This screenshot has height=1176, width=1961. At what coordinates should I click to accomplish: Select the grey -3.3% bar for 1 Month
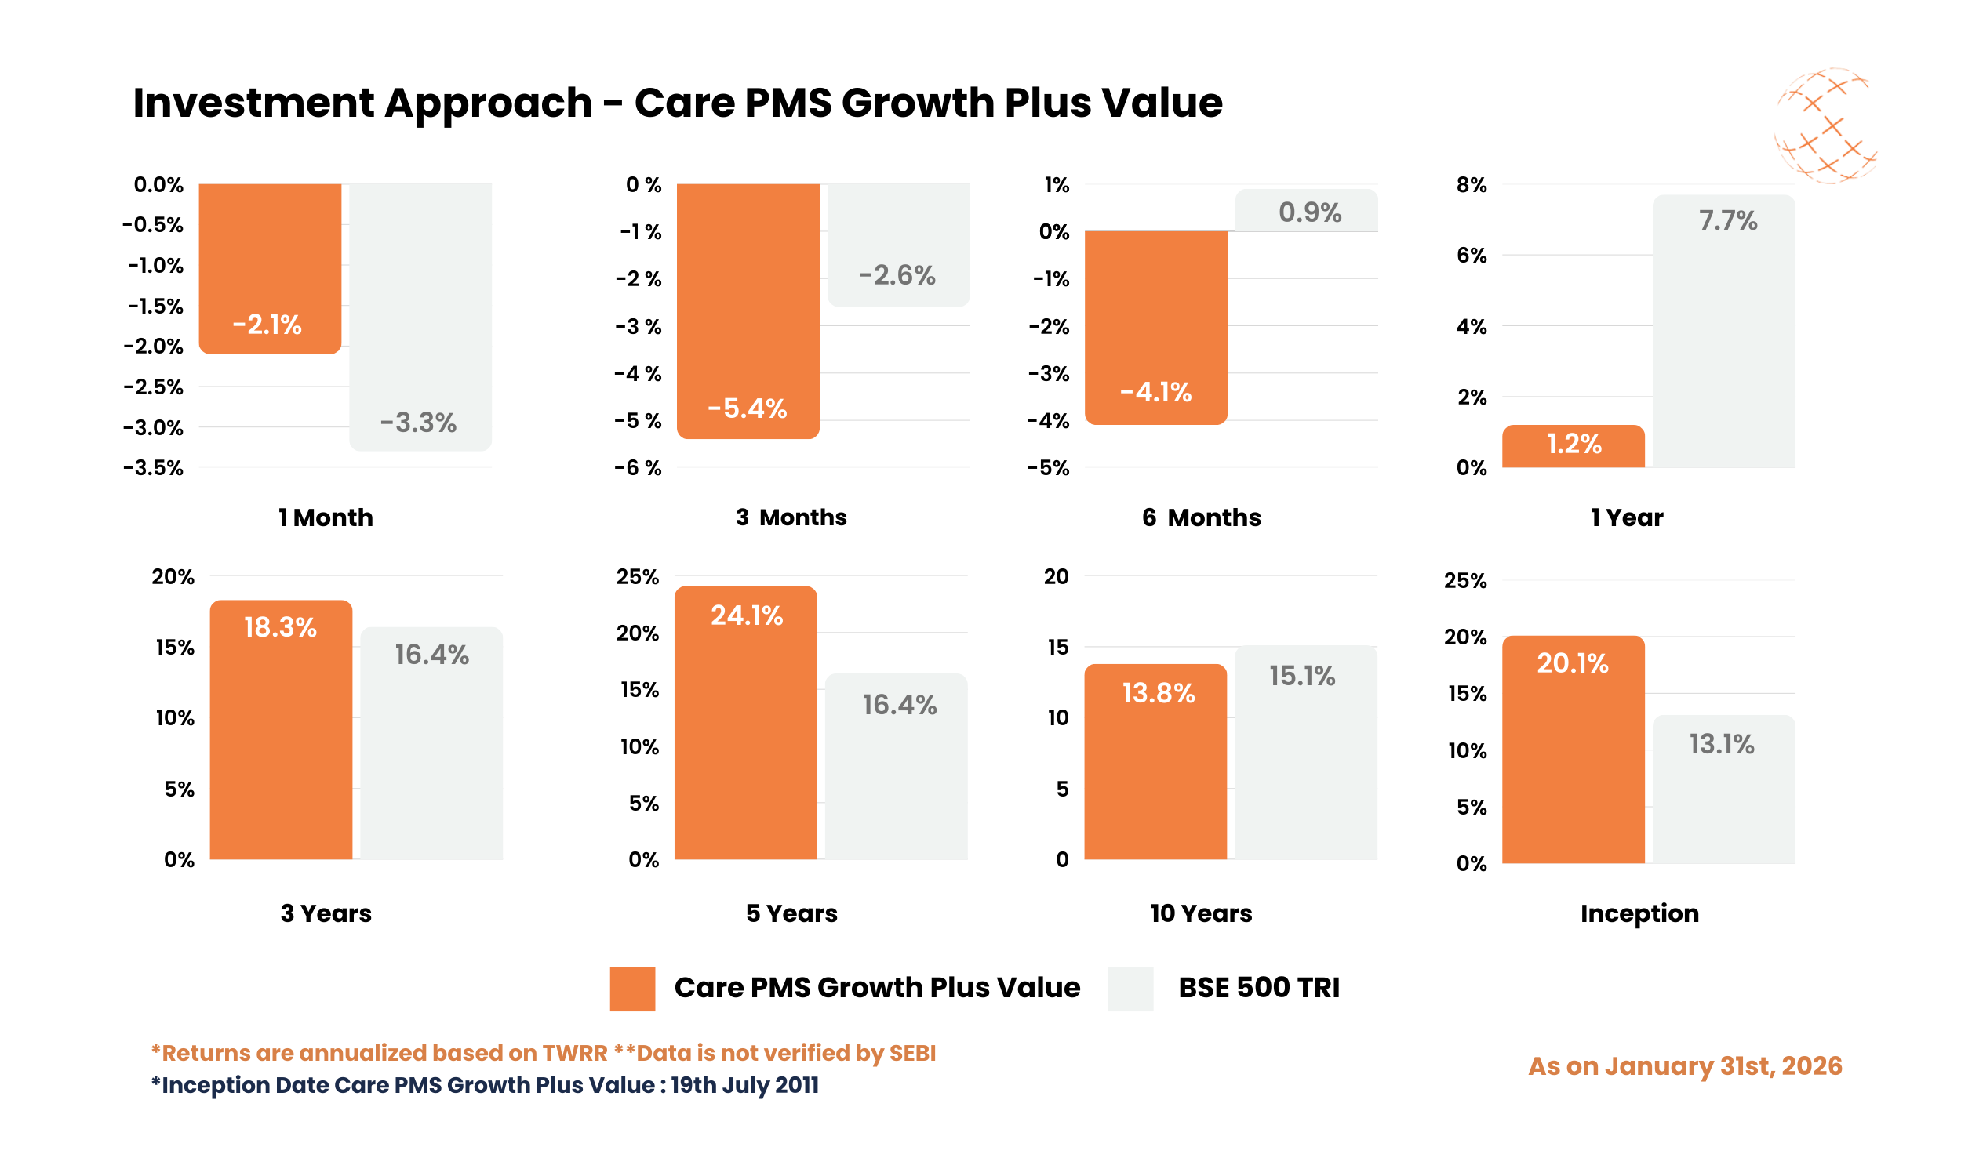(420, 317)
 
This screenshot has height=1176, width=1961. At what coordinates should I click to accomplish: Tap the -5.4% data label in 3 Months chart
(747, 409)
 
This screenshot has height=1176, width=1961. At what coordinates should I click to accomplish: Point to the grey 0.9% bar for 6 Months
(1306, 211)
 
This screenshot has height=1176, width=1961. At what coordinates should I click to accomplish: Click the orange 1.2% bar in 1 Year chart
(1573, 446)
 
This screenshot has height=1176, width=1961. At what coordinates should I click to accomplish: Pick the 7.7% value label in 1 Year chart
(1727, 220)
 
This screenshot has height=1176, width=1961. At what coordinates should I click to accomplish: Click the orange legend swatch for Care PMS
(631, 988)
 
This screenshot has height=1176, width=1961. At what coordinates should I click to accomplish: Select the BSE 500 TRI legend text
(1258, 988)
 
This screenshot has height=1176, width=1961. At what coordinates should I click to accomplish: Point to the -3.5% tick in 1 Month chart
(153, 468)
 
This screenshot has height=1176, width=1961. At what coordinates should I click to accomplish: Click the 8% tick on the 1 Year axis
(1472, 186)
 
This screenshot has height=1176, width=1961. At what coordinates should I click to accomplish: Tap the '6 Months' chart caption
(1201, 517)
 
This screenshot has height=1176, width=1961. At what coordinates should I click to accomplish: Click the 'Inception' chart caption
(1639, 913)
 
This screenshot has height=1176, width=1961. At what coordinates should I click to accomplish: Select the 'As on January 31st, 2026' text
(1684, 1067)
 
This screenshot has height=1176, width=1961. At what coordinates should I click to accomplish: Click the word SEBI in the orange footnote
(911, 1053)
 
